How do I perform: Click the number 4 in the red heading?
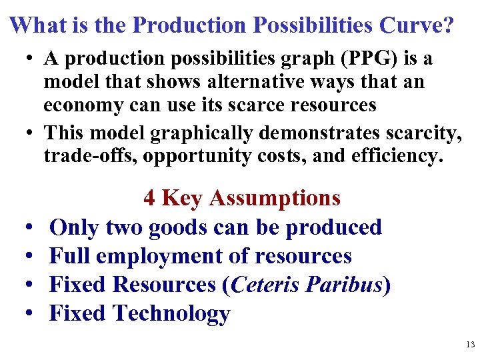[x=150, y=198]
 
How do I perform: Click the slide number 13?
[x=469, y=345]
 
